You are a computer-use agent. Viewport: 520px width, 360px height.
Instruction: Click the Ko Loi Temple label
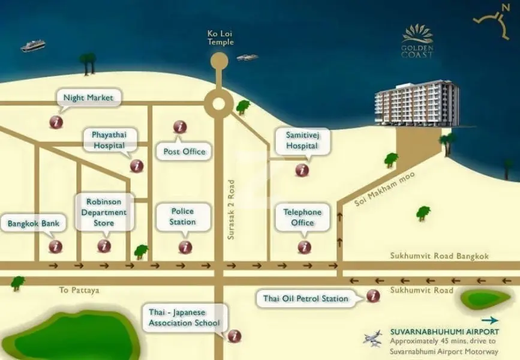click(x=221, y=37)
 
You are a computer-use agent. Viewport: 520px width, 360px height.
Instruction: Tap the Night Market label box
click(x=88, y=98)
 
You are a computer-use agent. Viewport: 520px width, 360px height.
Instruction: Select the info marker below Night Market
click(x=56, y=122)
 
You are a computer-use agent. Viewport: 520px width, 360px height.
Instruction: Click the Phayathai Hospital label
click(x=109, y=140)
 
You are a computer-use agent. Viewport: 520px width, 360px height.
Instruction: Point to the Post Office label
click(x=184, y=152)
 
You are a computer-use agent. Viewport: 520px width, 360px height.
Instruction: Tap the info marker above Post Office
click(x=180, y=127)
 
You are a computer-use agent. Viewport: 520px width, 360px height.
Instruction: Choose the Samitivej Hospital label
click(x=302, y=140)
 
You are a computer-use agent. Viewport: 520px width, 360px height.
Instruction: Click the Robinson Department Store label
click(x=104, y=212)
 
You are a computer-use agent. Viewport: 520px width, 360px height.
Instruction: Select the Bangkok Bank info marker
click(x=55, y=247)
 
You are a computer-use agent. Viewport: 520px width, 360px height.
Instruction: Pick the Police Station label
click(x=183, y=217)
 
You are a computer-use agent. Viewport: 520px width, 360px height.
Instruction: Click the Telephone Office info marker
click(x=304, y=247)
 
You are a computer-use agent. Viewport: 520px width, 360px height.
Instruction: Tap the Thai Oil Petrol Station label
click(x=305, y=299)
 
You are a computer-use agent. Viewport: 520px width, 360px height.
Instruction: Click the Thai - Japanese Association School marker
click(x=235, y=336)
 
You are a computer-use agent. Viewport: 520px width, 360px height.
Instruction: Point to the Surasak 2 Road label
click(x=231, y=209)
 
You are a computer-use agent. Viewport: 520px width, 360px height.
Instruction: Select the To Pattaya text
click(x=79, y=290)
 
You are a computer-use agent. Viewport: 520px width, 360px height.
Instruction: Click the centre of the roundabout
click(x=218, y=104)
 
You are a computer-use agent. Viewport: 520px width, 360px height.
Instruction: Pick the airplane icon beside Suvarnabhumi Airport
click(x=372, y=338)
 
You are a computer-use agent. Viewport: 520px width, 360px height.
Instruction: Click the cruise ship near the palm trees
click(x=32, y=46)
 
